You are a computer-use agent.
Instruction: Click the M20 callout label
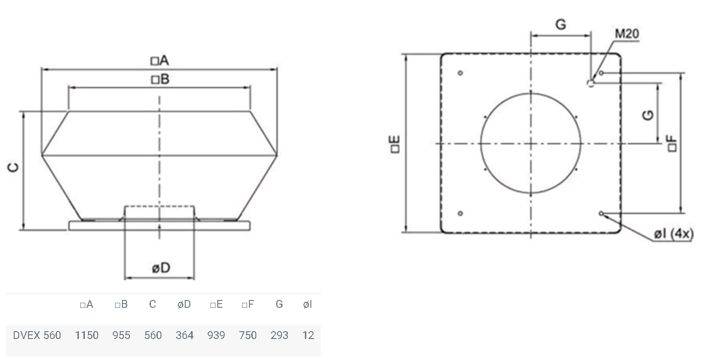pyautogui.click(x=627, y=34)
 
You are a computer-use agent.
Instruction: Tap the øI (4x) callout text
pyautogui.click(x=674, y=234)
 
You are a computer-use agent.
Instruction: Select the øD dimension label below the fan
pyautogui.click(x=161, y=268)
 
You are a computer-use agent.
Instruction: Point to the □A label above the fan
pyautogui.click(x=160, y=61)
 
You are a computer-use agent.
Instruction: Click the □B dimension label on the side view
pyautogui.click(x=160, y=79)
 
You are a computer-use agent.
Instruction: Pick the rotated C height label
pyautogui.click(x=13, y=167)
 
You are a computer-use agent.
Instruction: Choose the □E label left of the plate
pyautogui.click(x=395, y=144)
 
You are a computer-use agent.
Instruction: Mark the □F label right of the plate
pyautogui.click(x=672, y=144)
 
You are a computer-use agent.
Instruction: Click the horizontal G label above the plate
pyautogui.click(x=561, y=24)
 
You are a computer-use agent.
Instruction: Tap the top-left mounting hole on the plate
pyautogui.click(x=460, y=73)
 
